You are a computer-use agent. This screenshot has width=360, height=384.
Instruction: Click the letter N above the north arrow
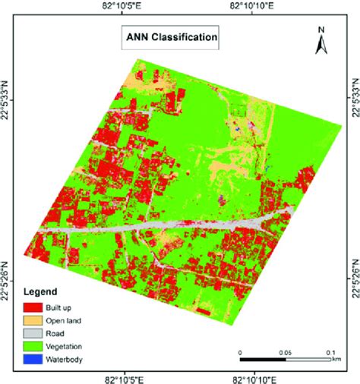click(x=322, y=30)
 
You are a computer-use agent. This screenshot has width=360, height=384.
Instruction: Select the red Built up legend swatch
click(x=33, y=308)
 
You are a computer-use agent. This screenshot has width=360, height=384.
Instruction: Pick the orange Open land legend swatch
click(x=33, y=321)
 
